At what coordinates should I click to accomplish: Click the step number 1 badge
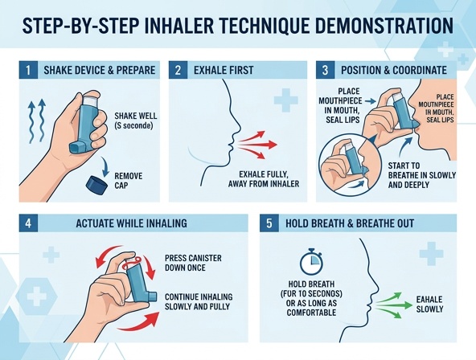27,69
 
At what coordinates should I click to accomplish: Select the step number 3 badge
325,69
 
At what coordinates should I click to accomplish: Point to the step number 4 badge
28,223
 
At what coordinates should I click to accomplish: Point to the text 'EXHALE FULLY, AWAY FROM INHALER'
265,179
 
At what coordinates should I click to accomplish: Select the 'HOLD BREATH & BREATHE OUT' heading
349,223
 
